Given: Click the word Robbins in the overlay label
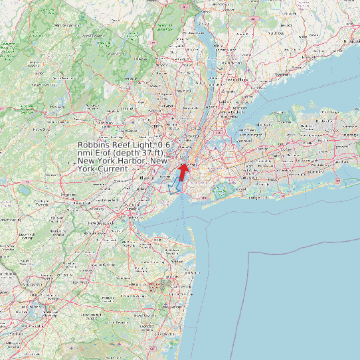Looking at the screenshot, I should coord(94,145).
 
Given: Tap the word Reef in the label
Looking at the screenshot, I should coord(123,145).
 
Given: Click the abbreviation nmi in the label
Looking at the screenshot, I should coord(86,153).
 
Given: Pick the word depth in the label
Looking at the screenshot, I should coord(127,153).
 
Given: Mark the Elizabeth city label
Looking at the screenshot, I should coord(147,178).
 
